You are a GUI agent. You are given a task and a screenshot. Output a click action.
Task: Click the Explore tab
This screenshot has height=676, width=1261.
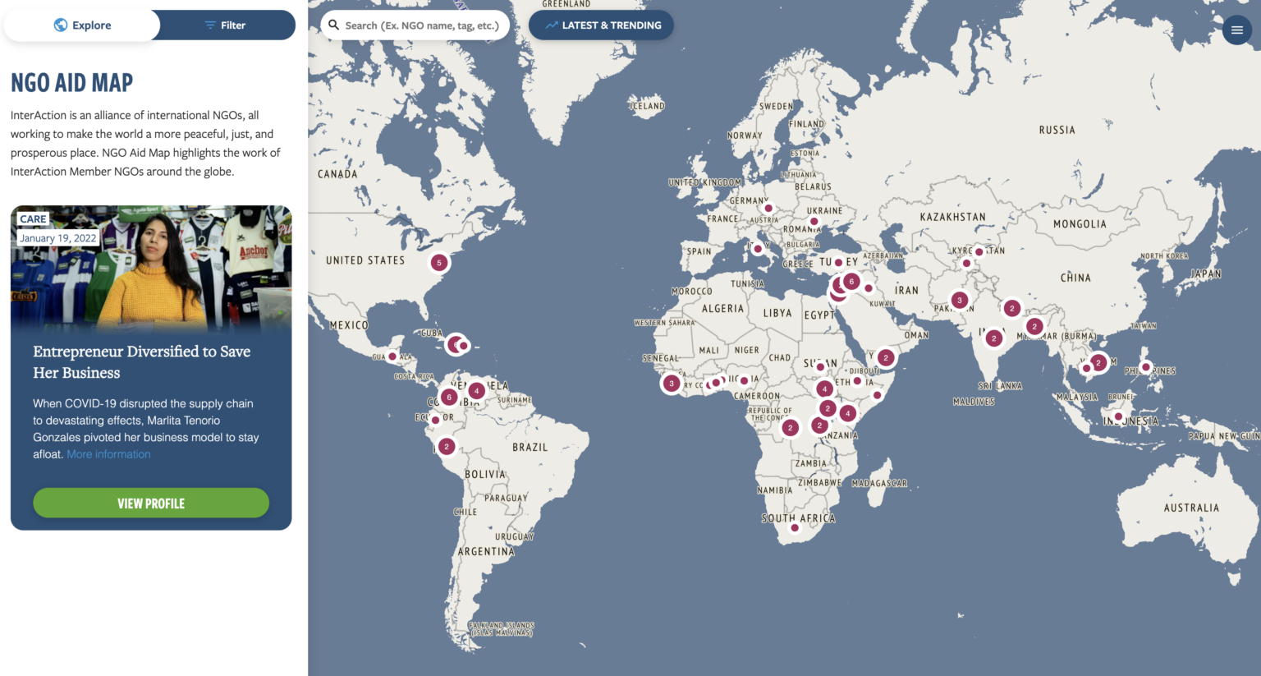82,25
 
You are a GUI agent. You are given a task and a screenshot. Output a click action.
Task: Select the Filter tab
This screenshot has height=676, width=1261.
225,25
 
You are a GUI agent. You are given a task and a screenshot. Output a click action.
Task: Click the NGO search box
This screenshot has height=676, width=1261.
415,25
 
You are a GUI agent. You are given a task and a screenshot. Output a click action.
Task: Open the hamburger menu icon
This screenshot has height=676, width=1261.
1236,30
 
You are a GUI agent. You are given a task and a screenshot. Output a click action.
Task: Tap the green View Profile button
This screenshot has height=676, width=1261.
151,504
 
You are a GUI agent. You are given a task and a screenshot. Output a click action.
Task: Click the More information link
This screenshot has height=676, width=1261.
108,454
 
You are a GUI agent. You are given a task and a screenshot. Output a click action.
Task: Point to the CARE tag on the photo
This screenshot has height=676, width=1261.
33,219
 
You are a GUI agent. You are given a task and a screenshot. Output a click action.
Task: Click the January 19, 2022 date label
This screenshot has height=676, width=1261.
57,238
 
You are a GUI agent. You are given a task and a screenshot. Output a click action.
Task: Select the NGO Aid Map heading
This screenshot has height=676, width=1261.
72,83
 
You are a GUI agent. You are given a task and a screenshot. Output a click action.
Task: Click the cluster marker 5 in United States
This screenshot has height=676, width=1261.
439,263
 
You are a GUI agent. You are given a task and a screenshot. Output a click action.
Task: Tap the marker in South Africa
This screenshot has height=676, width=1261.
794,528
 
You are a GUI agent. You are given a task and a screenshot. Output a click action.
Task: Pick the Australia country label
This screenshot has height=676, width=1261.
1191,508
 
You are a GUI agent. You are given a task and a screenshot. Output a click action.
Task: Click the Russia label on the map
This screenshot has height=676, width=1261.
1057,131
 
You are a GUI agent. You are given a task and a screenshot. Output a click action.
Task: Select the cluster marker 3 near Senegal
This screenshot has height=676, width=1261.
672,384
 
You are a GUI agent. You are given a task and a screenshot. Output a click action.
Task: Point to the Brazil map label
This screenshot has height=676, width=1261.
530,448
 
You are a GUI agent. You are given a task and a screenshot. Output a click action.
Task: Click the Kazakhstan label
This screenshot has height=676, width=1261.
952,218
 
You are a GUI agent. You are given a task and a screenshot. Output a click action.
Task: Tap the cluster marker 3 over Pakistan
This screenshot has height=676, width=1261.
959,301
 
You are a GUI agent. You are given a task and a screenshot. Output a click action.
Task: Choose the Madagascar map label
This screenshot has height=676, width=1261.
879,484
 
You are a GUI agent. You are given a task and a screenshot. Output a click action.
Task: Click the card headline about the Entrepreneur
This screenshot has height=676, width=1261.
141,362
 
